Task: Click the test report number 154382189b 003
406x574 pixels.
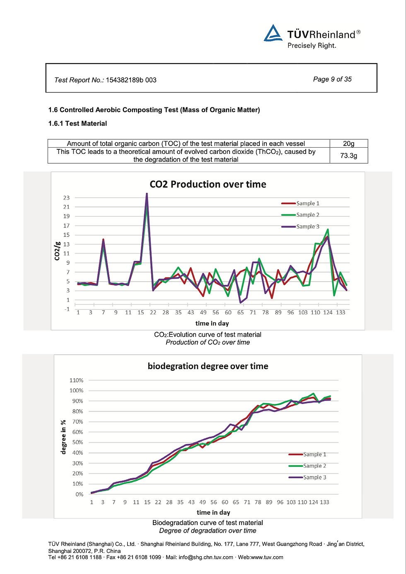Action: click(131, 80)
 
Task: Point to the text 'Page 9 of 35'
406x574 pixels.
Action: click(332, 79)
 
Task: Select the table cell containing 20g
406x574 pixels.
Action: click(348, 143)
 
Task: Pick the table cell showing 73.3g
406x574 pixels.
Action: click(348, 156)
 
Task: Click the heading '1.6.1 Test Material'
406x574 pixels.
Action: click(77, 124)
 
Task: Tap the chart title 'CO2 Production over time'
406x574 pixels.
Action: click(208, 184)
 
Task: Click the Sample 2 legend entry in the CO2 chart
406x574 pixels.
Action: click(307, 215)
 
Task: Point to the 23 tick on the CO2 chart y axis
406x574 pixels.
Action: click(66, 198)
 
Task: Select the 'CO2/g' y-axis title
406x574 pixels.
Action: click(58, 251)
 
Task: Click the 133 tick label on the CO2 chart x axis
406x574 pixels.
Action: click(341, 312)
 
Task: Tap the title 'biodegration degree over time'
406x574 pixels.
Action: click(208, 366)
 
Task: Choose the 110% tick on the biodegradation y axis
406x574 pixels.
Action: click(76, 380)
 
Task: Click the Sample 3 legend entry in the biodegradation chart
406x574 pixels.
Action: click(314, 477)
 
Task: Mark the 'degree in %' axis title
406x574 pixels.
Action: click(63, 437)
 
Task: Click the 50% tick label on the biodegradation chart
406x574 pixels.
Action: click(77, 443)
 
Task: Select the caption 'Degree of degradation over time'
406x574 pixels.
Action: click(208, 530)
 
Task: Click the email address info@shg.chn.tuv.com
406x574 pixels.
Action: click(205, 557)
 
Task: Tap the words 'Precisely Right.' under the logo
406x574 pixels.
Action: click(312, 46)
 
